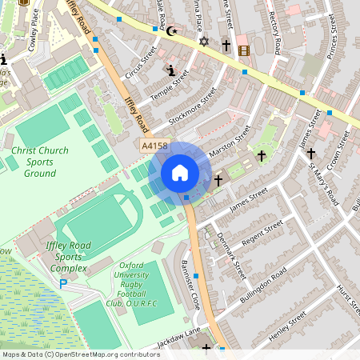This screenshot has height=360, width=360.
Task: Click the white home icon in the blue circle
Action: click(179, 173)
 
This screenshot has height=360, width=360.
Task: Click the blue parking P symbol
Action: click(63, 283)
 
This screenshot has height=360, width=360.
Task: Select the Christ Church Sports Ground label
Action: click(34, 162)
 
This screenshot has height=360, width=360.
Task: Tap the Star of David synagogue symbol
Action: click(202, 41)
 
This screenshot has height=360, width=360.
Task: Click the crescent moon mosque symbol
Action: click(170, 31)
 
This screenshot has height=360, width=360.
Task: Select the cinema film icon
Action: click(243, 50)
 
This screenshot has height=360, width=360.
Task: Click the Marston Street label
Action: click(230, 141)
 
